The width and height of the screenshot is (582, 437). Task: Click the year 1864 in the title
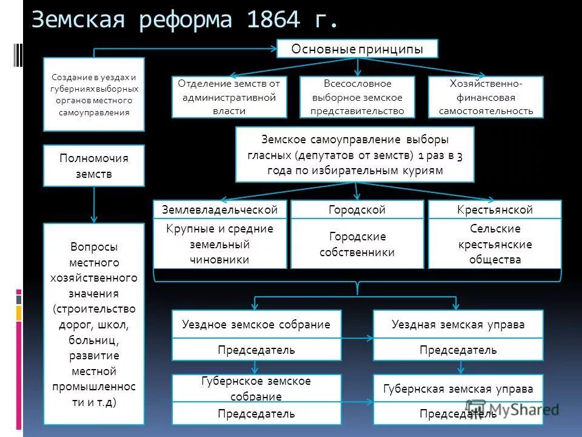click(x=273, y=19)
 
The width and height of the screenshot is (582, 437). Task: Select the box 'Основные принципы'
click(x=357, y=49)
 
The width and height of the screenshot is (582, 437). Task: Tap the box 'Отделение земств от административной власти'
click(x=229, y=97)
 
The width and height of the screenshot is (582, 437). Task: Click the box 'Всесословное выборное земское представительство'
click(x=357, y=97)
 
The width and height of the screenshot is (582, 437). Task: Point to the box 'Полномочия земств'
click(x=94, y=166)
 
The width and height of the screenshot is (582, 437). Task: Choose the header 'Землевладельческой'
click(x=219, y=210)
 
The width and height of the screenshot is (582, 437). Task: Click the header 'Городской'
click(x=357, y=210)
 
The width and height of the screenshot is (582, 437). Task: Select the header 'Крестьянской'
click(x=495, y=210)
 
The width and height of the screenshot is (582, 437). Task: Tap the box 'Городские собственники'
click(x=357, y=244)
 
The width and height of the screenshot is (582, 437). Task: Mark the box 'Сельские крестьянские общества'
click(x=495, y=244)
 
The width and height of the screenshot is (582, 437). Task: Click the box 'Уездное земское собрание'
click(x=256, y=325)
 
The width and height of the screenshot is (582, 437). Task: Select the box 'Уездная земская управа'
click(x=458, y=325)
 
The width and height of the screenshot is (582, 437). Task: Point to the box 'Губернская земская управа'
click(x=458, y=389)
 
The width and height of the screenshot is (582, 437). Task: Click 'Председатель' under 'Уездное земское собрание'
click(x=256, y=350)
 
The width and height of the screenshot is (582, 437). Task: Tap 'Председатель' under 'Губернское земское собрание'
click(x=256, y=414)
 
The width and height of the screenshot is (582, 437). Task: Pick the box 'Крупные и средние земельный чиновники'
click(x=219, y=244)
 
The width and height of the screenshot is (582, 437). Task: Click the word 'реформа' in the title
click(x=186, y=19)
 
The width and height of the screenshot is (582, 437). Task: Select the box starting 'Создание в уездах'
click(x=94, y=95)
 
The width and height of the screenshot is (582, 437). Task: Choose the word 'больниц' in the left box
click(x=94, y=340)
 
